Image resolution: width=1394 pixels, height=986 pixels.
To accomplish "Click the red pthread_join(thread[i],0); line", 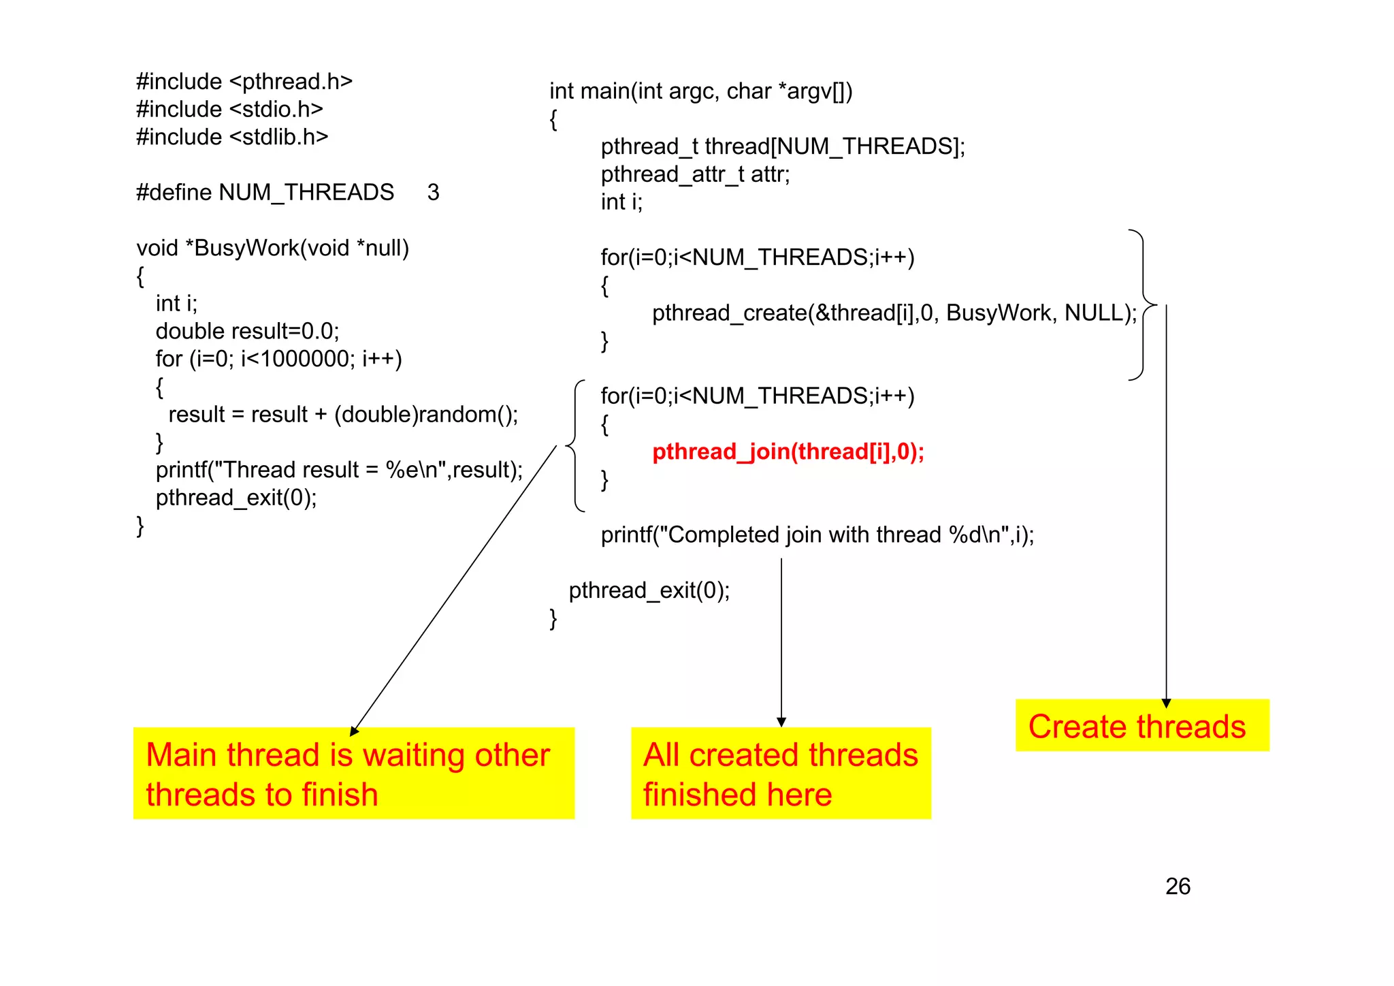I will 788,452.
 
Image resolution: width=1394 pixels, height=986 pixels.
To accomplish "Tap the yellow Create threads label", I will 1141,726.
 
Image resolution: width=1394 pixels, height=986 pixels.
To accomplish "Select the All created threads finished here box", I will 780,774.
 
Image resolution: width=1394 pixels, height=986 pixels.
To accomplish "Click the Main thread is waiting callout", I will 353,774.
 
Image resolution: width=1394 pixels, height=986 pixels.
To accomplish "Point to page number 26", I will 1178,887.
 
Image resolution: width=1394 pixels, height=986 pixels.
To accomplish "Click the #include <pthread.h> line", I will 244,82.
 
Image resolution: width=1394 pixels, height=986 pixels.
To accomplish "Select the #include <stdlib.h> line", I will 232,137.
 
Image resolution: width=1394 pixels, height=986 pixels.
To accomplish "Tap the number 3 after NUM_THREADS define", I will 433,193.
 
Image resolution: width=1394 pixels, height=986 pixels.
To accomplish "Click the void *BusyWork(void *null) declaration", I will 272,248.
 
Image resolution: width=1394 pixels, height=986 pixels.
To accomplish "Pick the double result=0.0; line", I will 247,331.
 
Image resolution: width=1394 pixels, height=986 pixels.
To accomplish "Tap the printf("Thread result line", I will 339,470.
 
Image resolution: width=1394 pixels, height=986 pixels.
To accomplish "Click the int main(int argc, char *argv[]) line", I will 700,91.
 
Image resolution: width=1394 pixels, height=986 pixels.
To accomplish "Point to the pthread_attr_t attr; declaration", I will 695,174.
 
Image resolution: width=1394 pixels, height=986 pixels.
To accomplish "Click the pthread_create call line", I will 894,313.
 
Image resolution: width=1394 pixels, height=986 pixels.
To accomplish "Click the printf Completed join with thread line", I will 817,535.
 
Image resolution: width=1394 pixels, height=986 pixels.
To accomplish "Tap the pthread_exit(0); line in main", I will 649,590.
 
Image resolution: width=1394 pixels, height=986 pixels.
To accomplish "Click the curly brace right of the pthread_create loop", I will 1144,304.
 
